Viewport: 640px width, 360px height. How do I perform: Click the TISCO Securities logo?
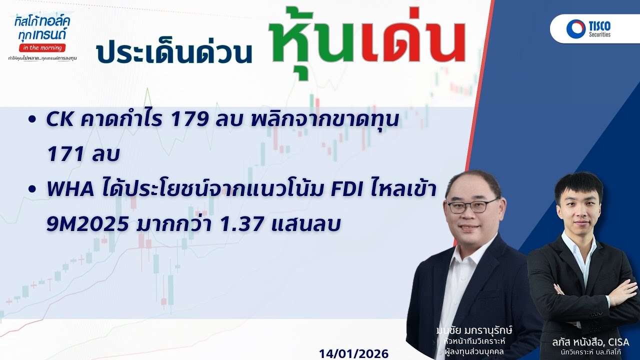[589, 28]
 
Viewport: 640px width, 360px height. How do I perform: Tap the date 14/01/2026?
[353, 353]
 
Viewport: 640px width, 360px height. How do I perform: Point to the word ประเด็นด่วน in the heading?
[174, 51]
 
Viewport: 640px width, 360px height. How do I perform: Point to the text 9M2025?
[86, 225]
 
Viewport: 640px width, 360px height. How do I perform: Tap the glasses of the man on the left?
[471, 205]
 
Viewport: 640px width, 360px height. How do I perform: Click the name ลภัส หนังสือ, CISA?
[591, 342]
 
